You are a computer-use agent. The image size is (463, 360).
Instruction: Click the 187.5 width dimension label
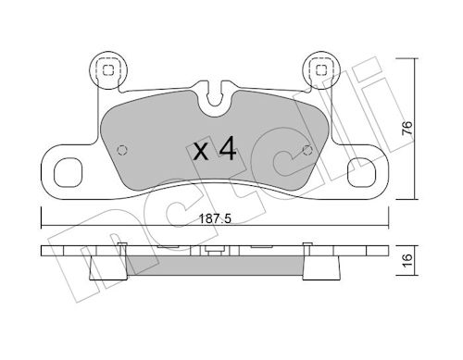[215, 219]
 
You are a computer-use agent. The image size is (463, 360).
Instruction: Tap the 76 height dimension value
[407, 128]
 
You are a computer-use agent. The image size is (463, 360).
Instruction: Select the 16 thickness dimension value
[407, 260]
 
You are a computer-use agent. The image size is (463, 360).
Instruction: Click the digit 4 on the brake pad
[228, 149]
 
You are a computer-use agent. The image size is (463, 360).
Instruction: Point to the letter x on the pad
[201, 152]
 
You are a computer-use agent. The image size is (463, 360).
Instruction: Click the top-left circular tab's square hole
[108, 70]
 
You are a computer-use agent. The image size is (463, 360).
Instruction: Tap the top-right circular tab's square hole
[321, 70]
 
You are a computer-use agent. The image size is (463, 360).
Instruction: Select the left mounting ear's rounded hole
[69, 172]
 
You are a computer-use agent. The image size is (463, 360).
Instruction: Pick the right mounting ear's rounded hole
[361, 172]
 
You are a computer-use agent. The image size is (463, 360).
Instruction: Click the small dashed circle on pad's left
[122, 150]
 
